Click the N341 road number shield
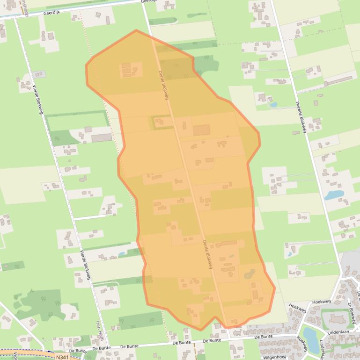point(61,356)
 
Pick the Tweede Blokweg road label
point(301,117)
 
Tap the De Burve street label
point(78,350)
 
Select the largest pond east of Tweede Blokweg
point(334,195)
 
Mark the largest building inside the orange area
point(201,130)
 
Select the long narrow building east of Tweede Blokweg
point(338,80)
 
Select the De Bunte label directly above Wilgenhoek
point(264,337)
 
